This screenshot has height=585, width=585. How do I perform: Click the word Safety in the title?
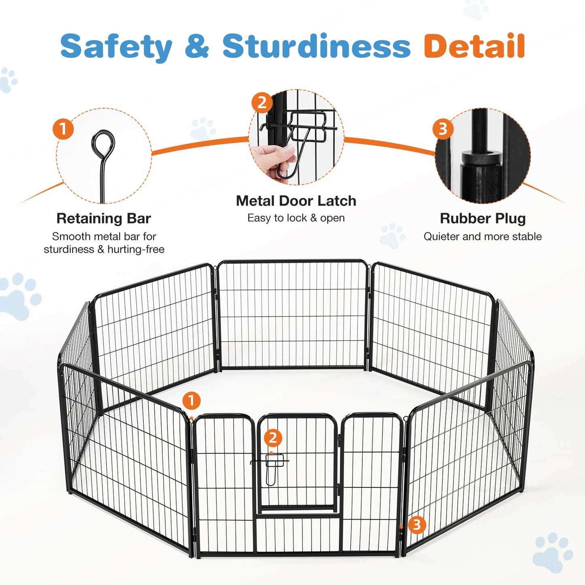(117, 47)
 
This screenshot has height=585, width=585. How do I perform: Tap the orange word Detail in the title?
(474, 47)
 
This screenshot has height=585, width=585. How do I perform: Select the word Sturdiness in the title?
(317, 47)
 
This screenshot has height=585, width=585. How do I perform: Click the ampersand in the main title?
(197, 47)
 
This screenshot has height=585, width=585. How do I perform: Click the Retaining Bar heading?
(104, 218)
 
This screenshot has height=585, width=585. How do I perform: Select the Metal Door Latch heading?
(296, 201)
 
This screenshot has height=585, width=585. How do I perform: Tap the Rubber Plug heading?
(483, 218)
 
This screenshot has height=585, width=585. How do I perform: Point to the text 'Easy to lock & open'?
(296, 218)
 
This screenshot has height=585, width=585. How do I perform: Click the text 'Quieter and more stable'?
(483, 236)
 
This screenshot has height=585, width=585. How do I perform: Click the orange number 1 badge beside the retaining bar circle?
(63, 129)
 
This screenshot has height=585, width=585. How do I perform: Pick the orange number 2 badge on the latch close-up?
(262, 103)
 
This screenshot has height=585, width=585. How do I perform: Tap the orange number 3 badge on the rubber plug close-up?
(442, 129)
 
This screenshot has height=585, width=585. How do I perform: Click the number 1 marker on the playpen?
(191, 401)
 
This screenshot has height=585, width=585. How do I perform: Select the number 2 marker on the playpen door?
(273, 438)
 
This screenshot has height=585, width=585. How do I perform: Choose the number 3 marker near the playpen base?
(417, 525)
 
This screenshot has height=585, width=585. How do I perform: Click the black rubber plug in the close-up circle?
(480, 160)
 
